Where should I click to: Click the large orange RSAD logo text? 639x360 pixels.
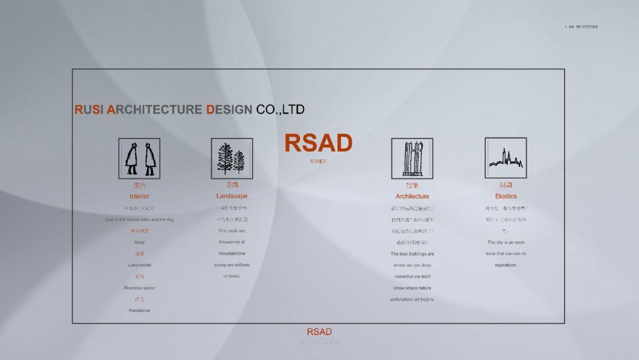click(x=318, y=143)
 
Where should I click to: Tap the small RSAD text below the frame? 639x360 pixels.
click(x=319, y=332)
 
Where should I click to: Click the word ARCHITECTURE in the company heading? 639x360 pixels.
click(x=156, y=110)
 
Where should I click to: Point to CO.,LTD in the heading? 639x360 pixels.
click(x=280, y=110)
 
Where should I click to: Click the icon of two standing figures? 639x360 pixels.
click(x=140, y=158)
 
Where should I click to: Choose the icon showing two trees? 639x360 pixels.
click(x=232, y=158)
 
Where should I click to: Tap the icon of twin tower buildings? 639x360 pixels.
click(x=412, y=158)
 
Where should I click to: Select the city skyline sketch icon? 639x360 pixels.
click(x=506, y=157)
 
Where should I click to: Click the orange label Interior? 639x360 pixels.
click(x=140, y=196)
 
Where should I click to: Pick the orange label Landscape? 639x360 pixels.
click(x=232, y=196)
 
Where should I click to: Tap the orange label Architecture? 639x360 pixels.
click(x=412, y=196)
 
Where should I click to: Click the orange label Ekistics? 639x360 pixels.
click(x=506, y=196)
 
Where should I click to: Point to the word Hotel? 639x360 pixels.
click(x=140, y=242)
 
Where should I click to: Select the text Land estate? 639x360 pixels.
click(x=140, y=265)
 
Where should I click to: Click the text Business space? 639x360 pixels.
click(x=140, y=288)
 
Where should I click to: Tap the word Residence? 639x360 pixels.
click(x=140, y=310)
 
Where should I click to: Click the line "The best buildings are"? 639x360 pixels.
click(x=412, y=254)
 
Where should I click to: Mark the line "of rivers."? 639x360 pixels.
click(x=232, y=277)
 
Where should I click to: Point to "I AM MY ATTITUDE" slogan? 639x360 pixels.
click(x=582, y=27)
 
